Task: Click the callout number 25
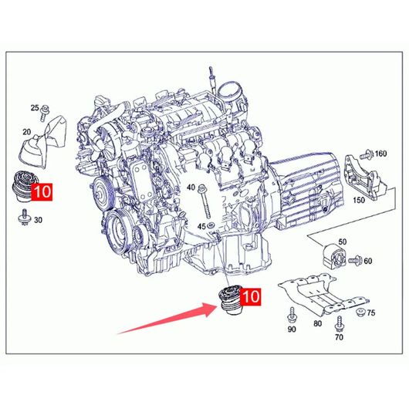tap(35, 107)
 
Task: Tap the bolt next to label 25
tap(44, 113)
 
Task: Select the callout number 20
tap(26, 132)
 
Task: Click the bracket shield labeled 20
tap(43, 142)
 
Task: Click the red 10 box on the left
tap(42, 192)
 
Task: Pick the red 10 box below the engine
tap(250, 296)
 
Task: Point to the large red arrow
tap(167, 319)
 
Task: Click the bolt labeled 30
tap(24, 217)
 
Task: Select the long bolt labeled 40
tap(204, 201)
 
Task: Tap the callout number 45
tap(201, 226)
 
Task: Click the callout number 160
tap(380, 154)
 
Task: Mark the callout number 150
tap(359, 200)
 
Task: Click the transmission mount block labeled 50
tap(334, 256)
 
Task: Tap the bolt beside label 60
tap(355, 260)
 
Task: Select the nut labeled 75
tap(360, 313)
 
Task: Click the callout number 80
tap(317, 323)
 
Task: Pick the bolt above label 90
tap(292, 315)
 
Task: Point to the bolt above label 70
tap(339, 324)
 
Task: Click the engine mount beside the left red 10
tap(23, 186)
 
